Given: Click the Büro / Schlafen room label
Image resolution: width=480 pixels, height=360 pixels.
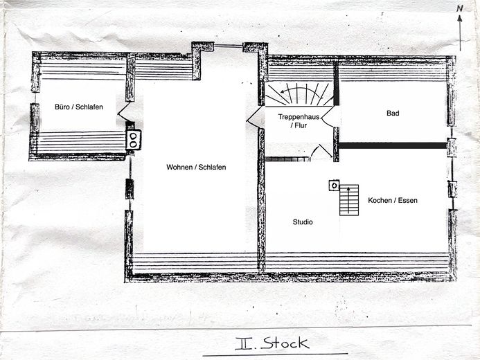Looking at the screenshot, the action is [79, 107].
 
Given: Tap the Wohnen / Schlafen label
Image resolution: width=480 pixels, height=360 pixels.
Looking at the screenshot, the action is [196, 167].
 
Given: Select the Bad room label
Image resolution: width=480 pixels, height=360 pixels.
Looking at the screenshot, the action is [393, 113].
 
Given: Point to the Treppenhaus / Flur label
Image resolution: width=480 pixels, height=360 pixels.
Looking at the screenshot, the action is [299, 121].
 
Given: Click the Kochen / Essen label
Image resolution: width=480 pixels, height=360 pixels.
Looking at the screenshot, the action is [393, 200].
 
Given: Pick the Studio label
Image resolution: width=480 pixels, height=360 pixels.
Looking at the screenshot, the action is [303, 222].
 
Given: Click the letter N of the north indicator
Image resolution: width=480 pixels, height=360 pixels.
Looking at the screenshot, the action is [459, 8].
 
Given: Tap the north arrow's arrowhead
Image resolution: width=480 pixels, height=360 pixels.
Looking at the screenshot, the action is [459, 19].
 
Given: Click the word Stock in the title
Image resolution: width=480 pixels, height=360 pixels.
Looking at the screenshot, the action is [285, 343].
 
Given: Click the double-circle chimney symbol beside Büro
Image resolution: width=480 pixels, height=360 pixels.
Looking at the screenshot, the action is [134, 140].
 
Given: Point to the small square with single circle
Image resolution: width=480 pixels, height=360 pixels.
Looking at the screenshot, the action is [334, 186].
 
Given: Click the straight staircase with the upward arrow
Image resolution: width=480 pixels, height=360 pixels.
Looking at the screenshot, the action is [349, 200].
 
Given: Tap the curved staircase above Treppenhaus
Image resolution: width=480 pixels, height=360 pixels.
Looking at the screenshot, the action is [299, 94].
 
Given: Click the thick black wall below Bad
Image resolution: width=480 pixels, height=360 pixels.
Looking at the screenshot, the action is [393, 145].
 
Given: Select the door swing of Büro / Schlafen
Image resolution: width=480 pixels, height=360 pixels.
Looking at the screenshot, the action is [123, 112].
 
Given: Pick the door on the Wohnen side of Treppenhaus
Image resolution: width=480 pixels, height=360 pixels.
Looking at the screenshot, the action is [254, 118].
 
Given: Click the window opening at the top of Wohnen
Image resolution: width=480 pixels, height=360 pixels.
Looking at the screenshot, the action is [228, 46].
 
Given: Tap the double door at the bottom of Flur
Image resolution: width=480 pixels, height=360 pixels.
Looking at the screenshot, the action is [321, 152].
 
